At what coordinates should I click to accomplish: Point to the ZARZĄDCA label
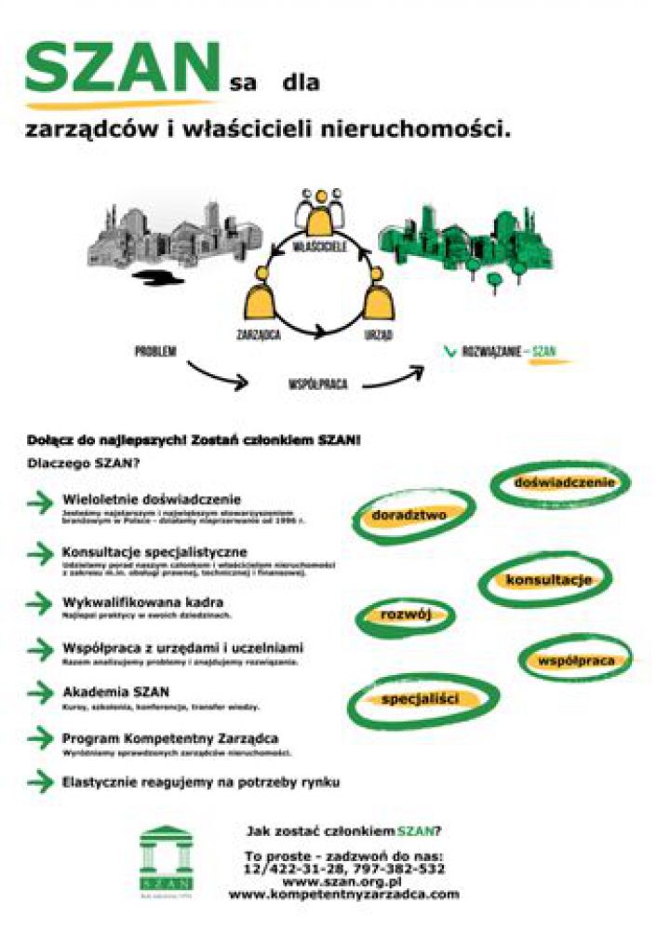tap(259, 332)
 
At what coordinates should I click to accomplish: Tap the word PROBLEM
tap(155, 352)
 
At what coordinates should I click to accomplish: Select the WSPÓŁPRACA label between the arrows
tap(312, 382)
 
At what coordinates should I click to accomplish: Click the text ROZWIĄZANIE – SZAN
tap(507, 352)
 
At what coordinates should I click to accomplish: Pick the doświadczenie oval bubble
tap(561, 483)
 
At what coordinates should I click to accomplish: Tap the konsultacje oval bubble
tap(547, 581)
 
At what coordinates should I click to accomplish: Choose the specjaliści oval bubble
tap(421, 698)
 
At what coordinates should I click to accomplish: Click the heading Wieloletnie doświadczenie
tap(152, 499)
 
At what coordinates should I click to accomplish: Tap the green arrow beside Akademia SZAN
tap(40, 693)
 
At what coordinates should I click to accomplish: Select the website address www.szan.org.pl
tap(342, 881)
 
